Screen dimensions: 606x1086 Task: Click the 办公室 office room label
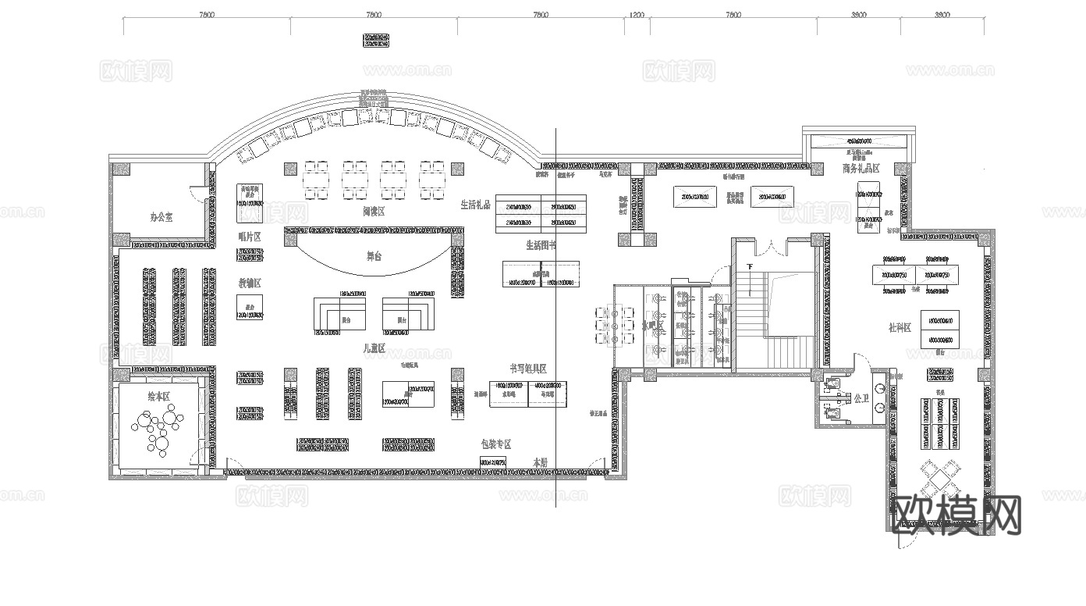coord(161,216)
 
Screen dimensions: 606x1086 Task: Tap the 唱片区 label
coord(249,236)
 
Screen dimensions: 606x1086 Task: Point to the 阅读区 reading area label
coord(374,212)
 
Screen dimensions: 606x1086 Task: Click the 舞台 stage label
coord(374,256)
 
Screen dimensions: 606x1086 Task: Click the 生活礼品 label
coord(475,205)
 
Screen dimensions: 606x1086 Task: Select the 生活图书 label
coord(540,245)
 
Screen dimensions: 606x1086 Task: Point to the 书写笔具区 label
coord(528,369)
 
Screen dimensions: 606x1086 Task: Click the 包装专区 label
coord(496,444)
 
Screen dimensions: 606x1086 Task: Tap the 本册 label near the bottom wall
coord(540,462)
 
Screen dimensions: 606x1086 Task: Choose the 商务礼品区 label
coord(861,169)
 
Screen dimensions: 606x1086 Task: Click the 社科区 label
coord(900,328)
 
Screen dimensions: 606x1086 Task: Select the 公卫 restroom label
coord(861,398)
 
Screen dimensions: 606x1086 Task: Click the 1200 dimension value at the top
coord(637,15)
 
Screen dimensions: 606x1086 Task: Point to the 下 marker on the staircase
coord(750,267)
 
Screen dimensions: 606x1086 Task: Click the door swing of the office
coord(198,195)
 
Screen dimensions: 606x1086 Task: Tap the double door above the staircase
coord(769,247)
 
